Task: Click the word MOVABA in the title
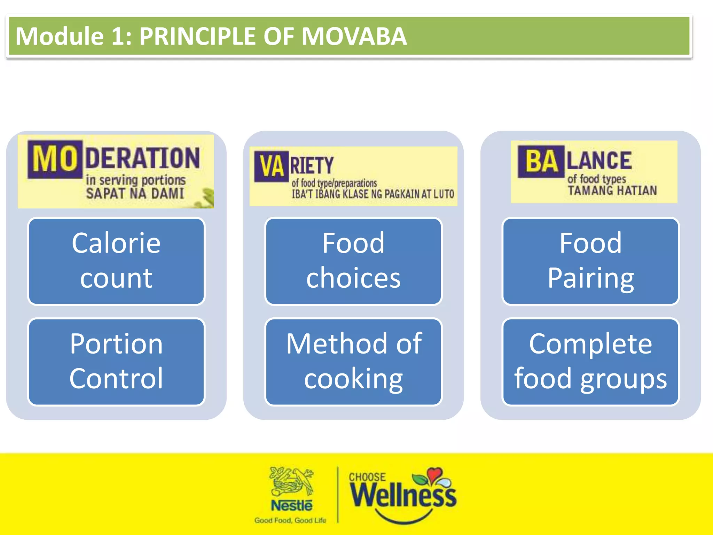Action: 354,36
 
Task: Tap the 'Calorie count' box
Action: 116,261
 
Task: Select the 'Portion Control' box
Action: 116,362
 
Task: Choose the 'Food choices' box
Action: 353,261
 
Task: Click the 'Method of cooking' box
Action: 353,362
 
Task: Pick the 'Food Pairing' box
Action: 590,261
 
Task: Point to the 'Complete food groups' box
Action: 590,362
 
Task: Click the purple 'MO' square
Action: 55,159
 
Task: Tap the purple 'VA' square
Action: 272,166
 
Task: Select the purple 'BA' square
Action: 541,161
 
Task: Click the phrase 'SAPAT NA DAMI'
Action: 135,194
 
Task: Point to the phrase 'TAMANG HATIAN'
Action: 612,191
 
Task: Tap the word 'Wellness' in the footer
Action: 403,496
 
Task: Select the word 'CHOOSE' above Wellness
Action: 367,477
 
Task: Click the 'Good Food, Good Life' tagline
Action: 290,520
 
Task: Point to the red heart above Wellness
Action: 434,474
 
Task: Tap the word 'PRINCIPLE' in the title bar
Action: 198,36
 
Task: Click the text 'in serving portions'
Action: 136,180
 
